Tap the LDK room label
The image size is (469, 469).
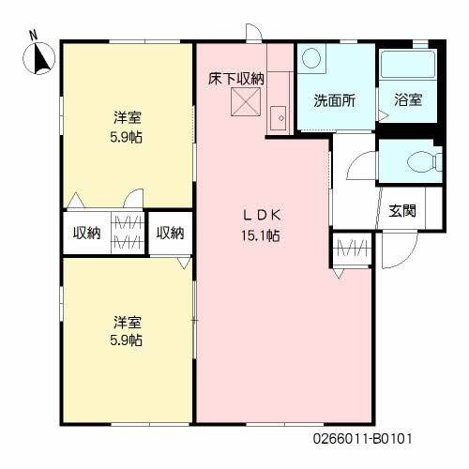click(x=262, y=215)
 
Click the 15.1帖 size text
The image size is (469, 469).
click(x=260, y=235)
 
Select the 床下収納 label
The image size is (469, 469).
click(x=236, y=79)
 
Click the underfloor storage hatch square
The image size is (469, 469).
click(x=246, y=101)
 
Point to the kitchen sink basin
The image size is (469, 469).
click(x=278, y=118)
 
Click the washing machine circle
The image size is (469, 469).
click(x=311, y=58)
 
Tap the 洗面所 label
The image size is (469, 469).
click(x=335, y=100)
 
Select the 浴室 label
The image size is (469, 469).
click(x=408, y=99)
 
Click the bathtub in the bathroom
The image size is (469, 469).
click(x=408, y=64)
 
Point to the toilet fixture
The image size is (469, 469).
click(x=425, y=162)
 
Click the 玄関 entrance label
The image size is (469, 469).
click(x=402, y=211)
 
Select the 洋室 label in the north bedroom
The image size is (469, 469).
click(x=128, y=117)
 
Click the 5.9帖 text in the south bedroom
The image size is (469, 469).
click(x=126, y=340)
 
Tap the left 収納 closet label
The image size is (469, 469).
click(x=87, y=233)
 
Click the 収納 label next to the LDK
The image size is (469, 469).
click(x=171, y=233)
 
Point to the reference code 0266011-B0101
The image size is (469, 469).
click(x=363, y=438)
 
